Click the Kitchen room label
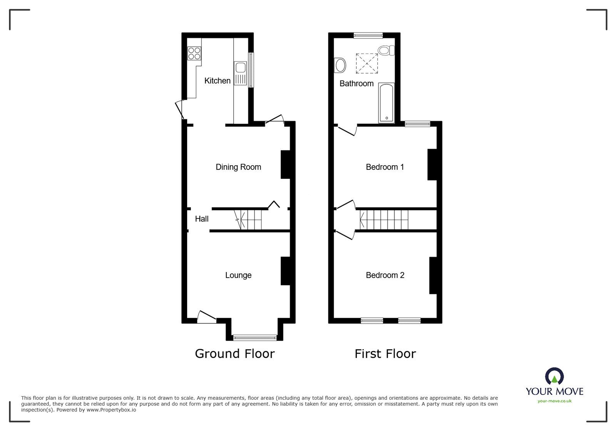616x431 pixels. tap(217, 80)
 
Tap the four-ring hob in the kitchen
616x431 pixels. tap(194, 53)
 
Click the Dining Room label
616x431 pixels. tap(238, 167)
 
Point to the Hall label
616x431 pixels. tap(201, 219)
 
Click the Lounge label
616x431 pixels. tap(238, 275)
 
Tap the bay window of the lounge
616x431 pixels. tap(255, 338)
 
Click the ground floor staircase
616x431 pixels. tap(248, 220)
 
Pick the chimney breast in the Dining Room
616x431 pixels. tap(285, 164)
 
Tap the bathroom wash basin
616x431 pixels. tap(340, 65)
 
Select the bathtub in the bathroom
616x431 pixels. tap(386, 102)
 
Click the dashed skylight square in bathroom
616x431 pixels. tap(367, 63)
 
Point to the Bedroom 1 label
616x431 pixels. tap(385, 167)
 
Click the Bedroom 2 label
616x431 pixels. tap(385, 275)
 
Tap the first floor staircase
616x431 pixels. tap(384, 220)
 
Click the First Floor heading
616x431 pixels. tap(385, 354)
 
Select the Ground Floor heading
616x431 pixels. tap(235, 354)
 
